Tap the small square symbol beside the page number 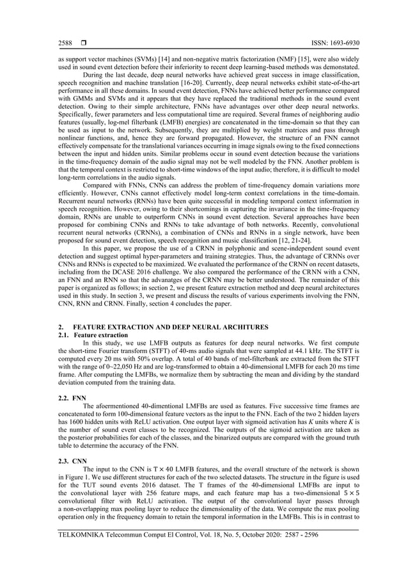coord(83,43)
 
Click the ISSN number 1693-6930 coord(344,43)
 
